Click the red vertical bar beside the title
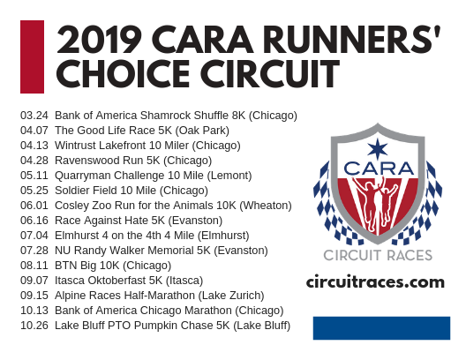coord(32,56)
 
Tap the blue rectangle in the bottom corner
coord(381,328)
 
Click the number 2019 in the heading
coord(99,39)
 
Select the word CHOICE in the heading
coord(123,73)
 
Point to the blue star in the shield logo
coord(378,148)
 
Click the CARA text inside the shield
coord(379,169)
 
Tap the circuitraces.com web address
coord(375,281)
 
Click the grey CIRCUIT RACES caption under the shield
coord(378,256)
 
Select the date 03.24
coord(34,116)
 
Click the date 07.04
coord(34,236)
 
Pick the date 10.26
coord(34,326)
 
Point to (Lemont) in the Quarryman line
coord(229,176)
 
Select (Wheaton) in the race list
coord(266,206)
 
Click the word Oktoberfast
coord(116,281)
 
